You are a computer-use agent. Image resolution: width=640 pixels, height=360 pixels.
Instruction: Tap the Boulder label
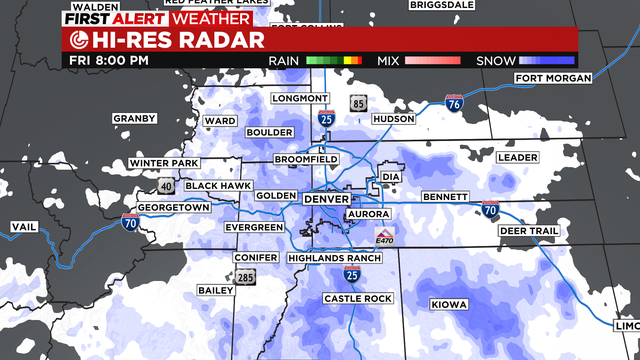point(269,132)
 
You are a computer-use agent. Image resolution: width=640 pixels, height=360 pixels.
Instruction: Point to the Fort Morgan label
point(549,78)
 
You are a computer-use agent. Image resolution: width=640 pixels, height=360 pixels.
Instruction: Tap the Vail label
point(23,228)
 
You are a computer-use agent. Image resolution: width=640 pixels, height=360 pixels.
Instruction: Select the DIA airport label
point(391,178)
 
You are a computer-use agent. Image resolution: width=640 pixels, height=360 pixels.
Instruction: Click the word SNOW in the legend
point(493,61)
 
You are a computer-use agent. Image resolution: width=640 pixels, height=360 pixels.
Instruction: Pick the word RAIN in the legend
point(287,61)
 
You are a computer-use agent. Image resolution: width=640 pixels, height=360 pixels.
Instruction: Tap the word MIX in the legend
point(389,61)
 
